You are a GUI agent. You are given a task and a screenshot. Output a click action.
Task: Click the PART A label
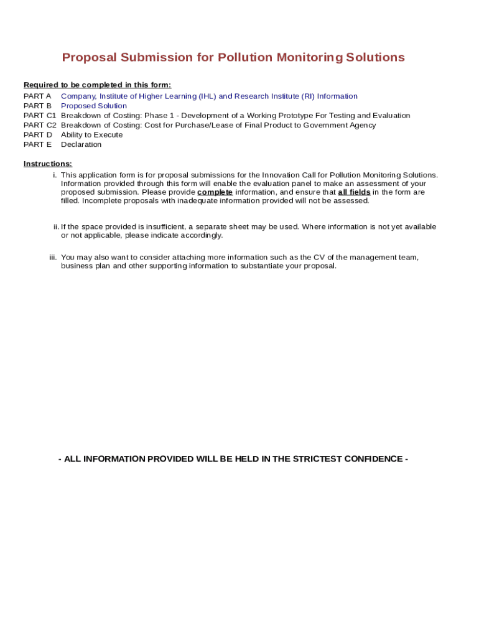click(x=37, y=96)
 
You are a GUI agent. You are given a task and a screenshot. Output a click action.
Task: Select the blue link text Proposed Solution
click(x=94, y=106)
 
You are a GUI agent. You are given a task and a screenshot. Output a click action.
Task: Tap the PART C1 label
click(x=40, y=116)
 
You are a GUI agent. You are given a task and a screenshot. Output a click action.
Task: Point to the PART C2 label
click(x=40, y=125)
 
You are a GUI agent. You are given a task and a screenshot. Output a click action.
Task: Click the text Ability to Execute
click(x=91, y=135)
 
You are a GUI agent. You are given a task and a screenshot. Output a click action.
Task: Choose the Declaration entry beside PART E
click(x=81, y=144)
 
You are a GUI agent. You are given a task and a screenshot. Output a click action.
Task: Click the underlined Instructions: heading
click(x=48, y=164)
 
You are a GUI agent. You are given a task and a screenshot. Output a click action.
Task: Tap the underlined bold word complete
click(x=215, y=192)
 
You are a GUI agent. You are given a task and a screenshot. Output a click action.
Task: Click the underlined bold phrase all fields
click(x=354, y=192)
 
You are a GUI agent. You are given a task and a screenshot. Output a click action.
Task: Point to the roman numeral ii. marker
click(x=56, y=227)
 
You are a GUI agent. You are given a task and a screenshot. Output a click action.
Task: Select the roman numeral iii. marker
click(x=53, y=258)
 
